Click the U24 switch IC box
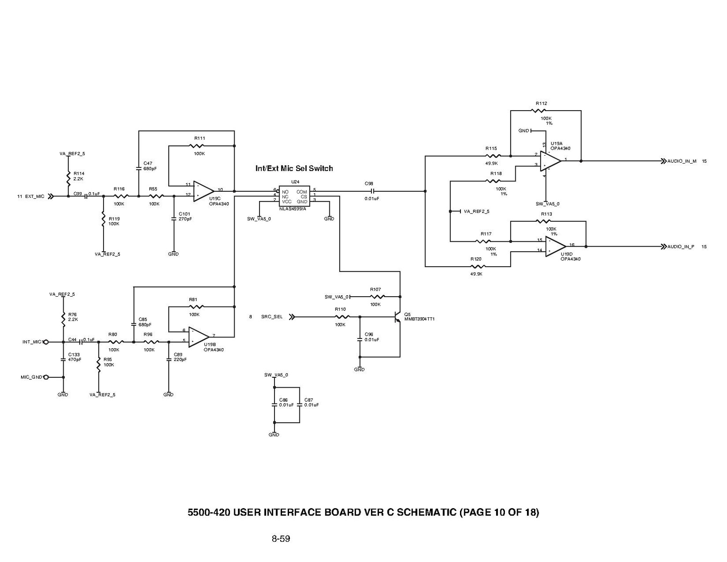[x=294, y=196]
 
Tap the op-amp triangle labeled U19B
[x=198, y=337]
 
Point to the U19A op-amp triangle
[x=550, y=160]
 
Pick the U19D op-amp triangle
[x=555, y=246]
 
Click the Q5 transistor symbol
[x=398, y=317]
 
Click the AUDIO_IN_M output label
[x=682, y=161]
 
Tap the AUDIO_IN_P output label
[x=681, y=247]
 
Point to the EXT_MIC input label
[x=35, y=196]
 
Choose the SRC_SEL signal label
[x=272, y=317]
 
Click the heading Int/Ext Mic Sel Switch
[x=294, y=168]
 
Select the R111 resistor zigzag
[x=199, y=146]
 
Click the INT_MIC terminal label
[x=32, y=342]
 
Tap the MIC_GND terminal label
[x=31, y=377]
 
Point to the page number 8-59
[x=281, y=539]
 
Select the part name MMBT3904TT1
[x=419, y=319]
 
